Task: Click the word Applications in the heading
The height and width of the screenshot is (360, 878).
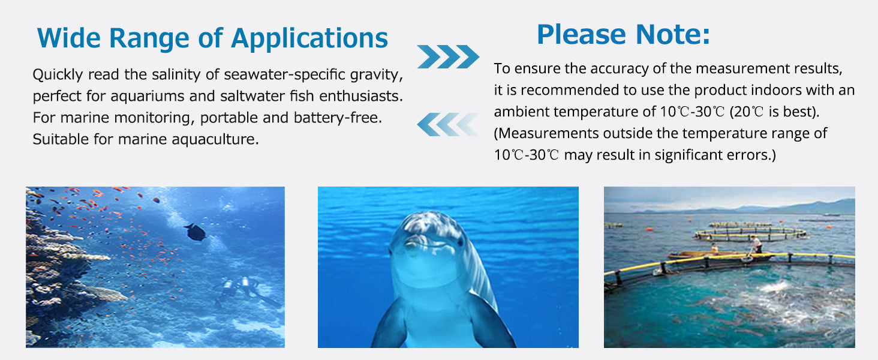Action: tap(309, 39)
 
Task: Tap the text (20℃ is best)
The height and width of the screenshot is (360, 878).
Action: tap(774, 112)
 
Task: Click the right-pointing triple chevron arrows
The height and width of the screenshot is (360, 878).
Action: tap(448, 57)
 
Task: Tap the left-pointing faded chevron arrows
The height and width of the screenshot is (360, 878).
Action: tap(448, 124)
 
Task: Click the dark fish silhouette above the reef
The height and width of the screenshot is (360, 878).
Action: tap(196, 232)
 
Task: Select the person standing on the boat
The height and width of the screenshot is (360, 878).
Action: tap(757, 244)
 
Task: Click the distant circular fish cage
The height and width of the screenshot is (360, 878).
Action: tap(750, 232)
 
